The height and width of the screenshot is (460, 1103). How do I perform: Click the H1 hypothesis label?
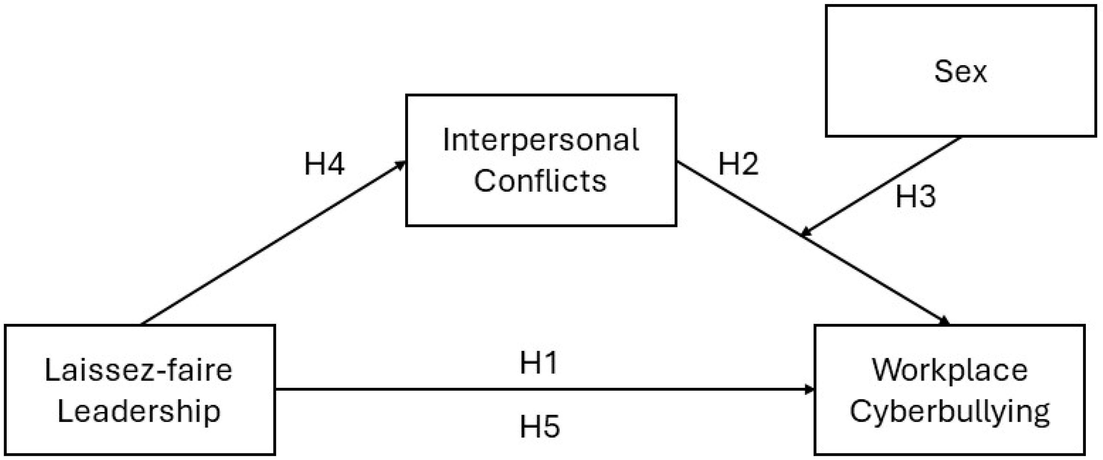tap(539, 363)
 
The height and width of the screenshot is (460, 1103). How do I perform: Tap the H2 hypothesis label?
tap(738, 164)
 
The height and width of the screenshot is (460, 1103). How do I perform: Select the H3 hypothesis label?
tap(916, 197)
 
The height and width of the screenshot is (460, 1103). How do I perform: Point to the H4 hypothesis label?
tap(324, 164)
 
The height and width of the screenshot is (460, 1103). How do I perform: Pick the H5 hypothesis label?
tap(539, 427)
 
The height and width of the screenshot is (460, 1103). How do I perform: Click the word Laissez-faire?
tap(138, 370)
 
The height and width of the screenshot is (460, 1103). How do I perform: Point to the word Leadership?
tap(139, 411)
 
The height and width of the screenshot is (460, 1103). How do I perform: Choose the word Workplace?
tap(949, 370)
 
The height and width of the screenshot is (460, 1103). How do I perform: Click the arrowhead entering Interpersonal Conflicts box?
tap(401, 164)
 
